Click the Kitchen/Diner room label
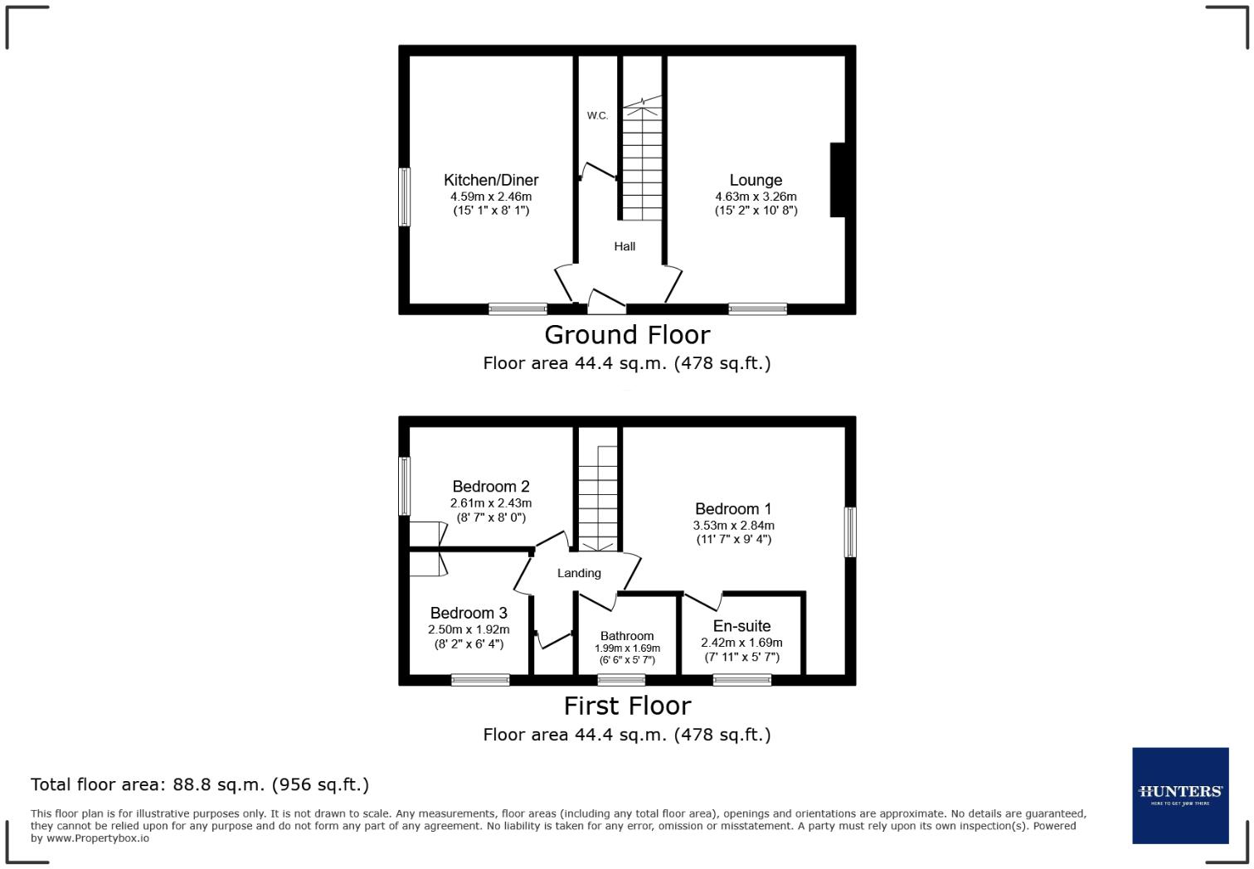click(491, 180)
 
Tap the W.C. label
click(597, 115)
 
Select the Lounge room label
click(756, 180)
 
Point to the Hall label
click(625, 246)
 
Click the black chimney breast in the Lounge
click(838, 180)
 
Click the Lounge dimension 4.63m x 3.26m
click(756, 197)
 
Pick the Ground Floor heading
click(627, 335)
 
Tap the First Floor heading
click(627, 706)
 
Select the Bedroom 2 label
click(491, 487)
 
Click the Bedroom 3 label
click(469, 613)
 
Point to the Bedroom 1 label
click(733, 509)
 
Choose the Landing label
click(579, 573)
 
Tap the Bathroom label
click(627, 636)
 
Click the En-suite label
click(741, 626)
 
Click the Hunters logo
click(1180, 795)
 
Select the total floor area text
click(200, 784)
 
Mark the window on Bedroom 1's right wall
click(850, 532)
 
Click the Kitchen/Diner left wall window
click(405, 197)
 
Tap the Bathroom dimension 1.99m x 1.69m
click(627, 648)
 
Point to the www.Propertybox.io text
click(98, 838)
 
